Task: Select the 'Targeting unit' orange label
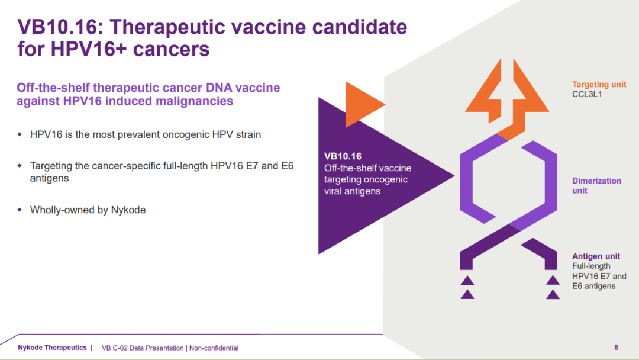coord(599,85)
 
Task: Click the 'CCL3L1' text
coord(587,95)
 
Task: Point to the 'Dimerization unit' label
coord(596,185)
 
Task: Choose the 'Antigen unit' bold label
coord(596,256)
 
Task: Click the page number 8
coord(616,348)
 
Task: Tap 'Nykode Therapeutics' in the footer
coord(52,348)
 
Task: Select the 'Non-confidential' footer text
coord(214,348)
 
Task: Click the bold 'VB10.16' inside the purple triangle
coord(343,156)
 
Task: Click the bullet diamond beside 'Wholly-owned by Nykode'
coord(20,210)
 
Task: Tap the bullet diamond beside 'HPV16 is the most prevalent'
coord(20,134)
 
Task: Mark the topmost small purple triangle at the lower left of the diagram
coord(467,281)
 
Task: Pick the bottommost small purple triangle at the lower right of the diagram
coord(553,294)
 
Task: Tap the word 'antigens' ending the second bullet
coord(49,179)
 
